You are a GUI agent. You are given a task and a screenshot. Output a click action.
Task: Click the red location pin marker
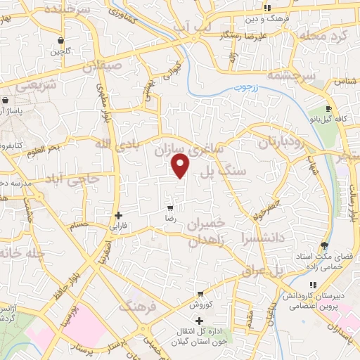pyautogui.click(x=181, y=165)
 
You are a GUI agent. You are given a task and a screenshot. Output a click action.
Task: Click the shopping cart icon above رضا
pyautogui.click(x=170, y=208)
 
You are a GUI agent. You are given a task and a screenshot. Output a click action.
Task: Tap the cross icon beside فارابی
pyautogui.click(x=118, y=215)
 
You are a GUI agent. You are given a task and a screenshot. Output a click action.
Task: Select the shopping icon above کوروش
pyautogui.click(x=200, y=294)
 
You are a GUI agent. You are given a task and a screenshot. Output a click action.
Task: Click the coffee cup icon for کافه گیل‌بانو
pyautogui.click(x=328, y=109)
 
